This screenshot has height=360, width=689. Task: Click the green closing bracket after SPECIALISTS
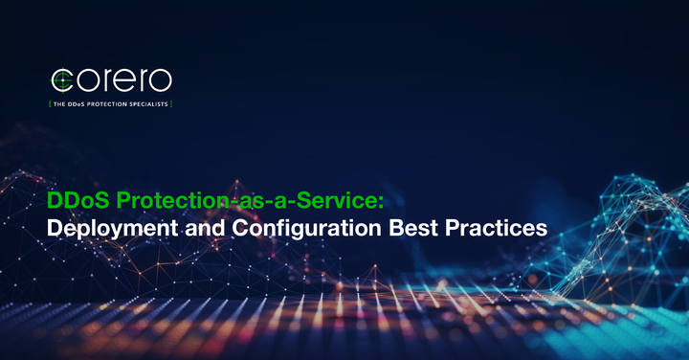click(x=172, y=101)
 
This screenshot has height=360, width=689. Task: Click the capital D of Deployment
click(x=56, y=230)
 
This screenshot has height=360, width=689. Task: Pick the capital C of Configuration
click(x=229, y=230)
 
